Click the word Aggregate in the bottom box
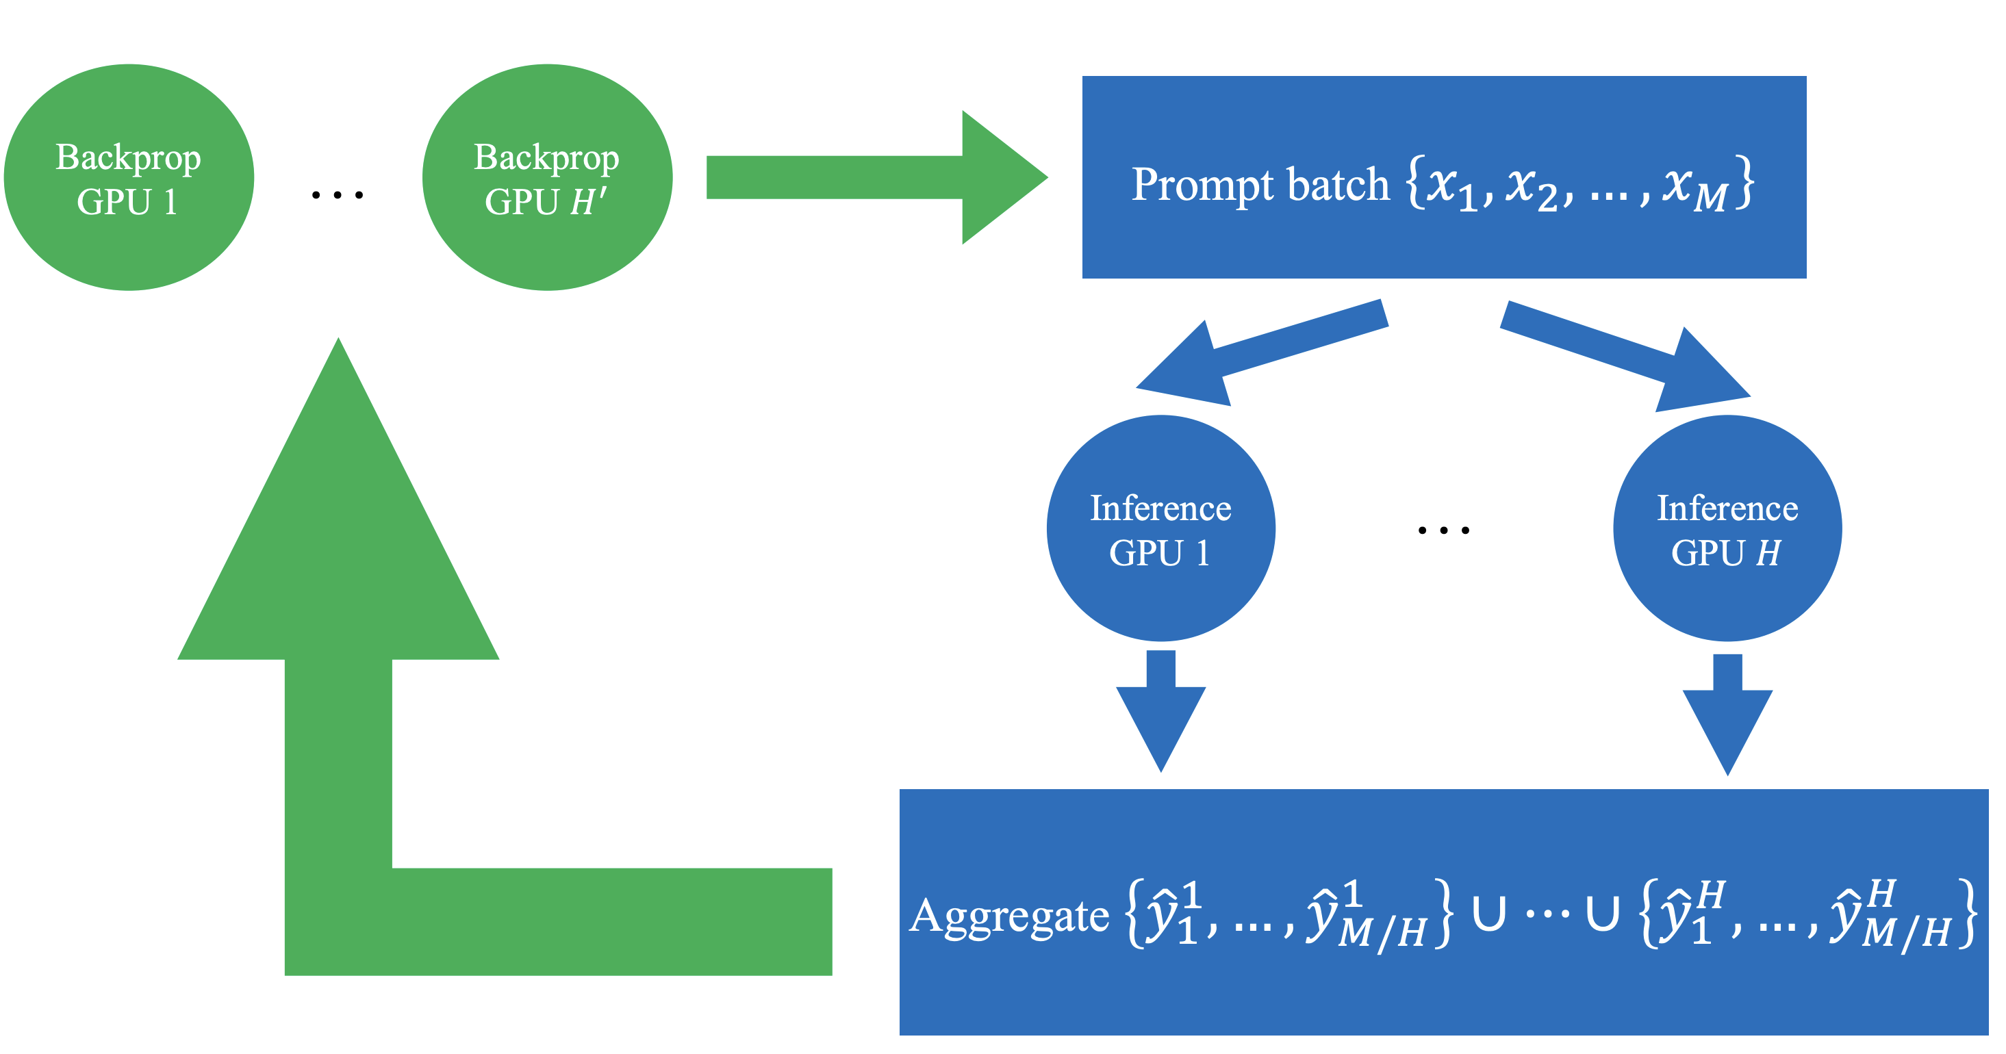[1009, 916]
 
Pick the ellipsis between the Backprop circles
[338, 194]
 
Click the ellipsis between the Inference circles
[1443, 530]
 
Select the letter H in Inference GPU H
[1768, 554]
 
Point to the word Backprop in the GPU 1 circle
[129, 158]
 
